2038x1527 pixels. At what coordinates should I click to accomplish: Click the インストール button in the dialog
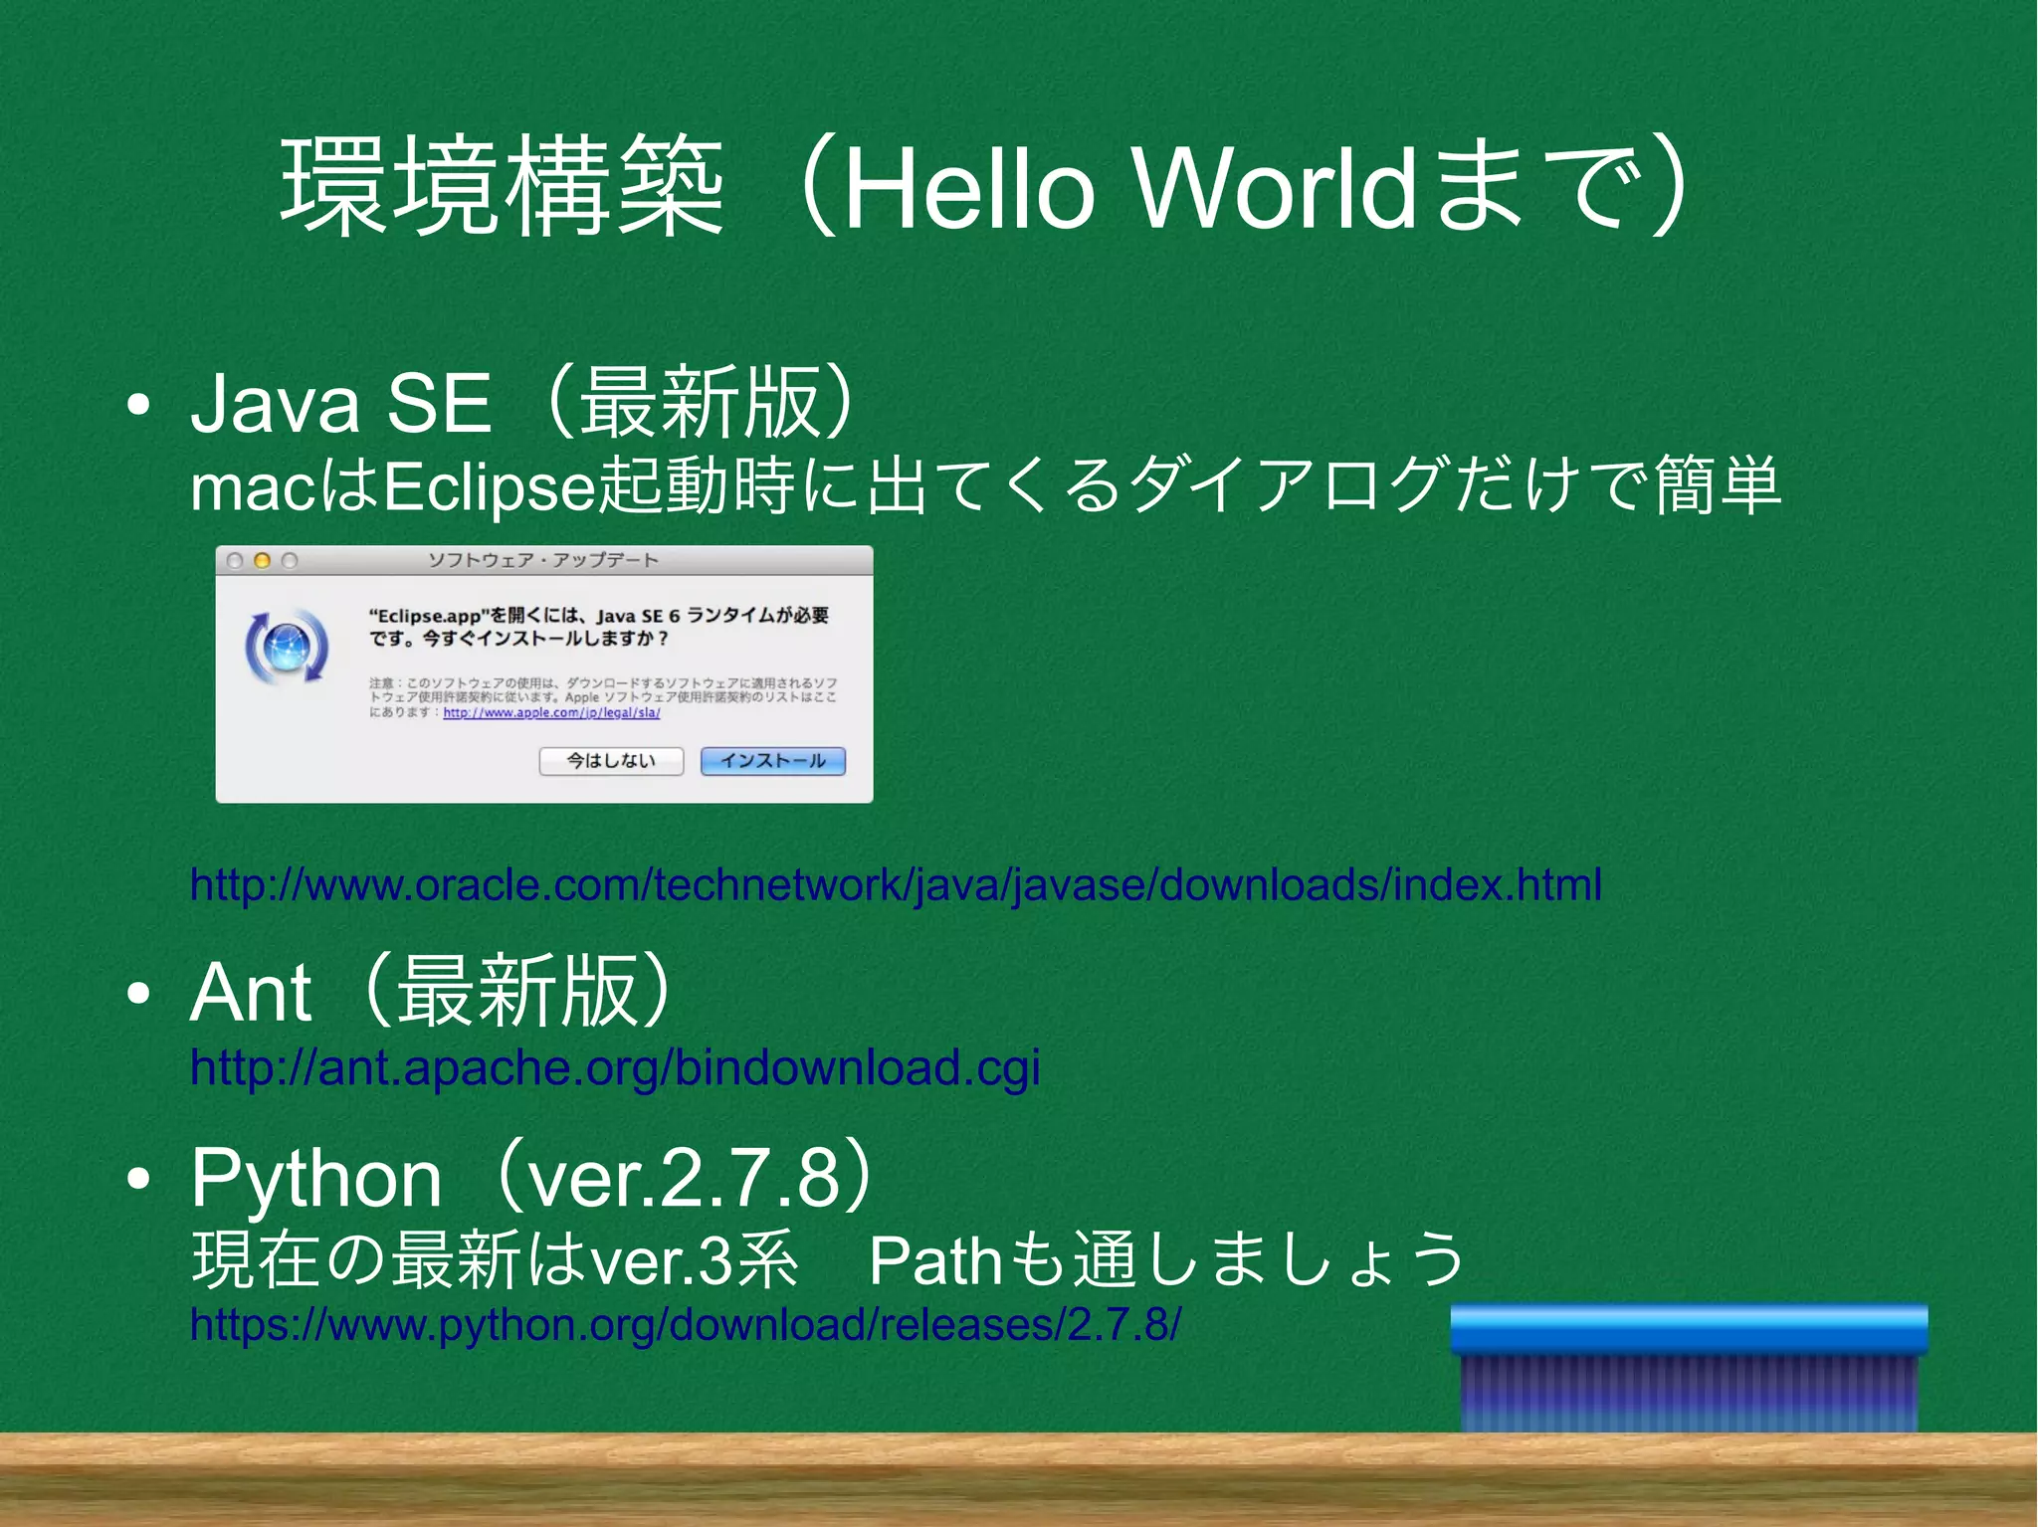773,761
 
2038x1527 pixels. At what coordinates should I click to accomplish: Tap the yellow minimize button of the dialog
262,561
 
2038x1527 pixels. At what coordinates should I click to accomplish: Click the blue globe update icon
287,647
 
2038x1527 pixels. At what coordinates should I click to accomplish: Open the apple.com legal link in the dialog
551,713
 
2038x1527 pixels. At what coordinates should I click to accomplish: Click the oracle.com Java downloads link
896,884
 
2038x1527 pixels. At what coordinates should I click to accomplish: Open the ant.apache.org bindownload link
615,1067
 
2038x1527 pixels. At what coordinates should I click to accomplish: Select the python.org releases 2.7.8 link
686,1325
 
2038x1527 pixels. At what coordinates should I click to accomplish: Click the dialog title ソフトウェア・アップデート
543,560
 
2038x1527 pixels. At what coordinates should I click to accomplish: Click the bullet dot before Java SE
138,405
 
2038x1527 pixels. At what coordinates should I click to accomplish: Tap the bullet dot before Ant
138,993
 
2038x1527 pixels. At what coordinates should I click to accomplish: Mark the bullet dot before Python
138,1179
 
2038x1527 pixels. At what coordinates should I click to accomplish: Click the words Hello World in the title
1128,187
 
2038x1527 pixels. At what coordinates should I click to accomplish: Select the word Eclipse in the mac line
489,487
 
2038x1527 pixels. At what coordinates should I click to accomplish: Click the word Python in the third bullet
316,1178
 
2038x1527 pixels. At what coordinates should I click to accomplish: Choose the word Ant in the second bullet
251,992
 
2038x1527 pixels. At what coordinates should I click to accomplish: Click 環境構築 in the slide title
503,187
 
